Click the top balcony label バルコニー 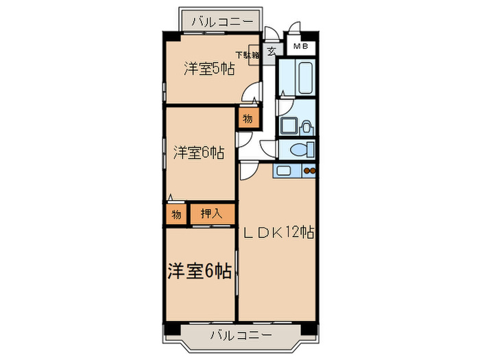pyautogui.click(x=223, y=22)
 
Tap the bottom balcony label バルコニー pyautogui.click(x=241, y=335)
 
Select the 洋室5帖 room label pyautogui.click(x=209, y=69)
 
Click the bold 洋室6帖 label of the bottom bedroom pyautogui.click(x=200, y=271)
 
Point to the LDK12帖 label pyautogui.click(x=278, y=232)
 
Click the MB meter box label pyautogui.click(x=300, y=46)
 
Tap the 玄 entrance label pyautogui.click(x=271, y=51)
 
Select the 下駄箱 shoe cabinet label pyautogui.click(x=248, y=55)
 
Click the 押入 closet pyautogui.click(x=213, y=214)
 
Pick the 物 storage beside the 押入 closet pyautogui.click(x=176, y=214)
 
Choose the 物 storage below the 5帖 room pyautogui.click(x=248, y=118)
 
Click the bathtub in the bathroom pyautogui.click(x=306, y=78)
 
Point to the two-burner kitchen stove pyautogui.click(x=309, y=171)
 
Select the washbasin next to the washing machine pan pyautogui.click(x=306, y=128)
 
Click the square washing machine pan pyautogui.click(x=289, y=125)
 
